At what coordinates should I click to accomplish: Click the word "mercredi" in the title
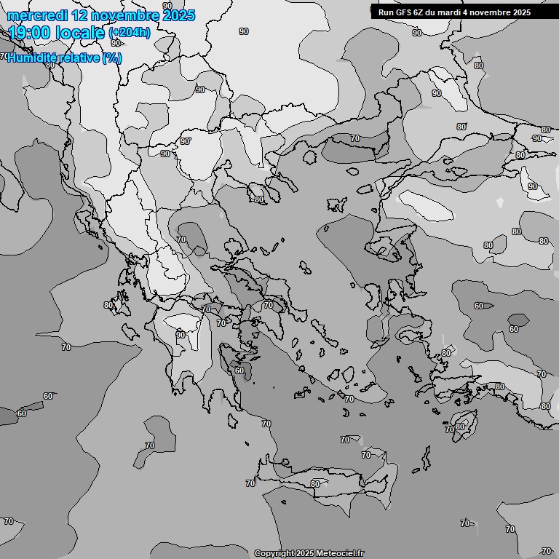[33, 15]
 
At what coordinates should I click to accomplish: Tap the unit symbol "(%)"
[112, 58]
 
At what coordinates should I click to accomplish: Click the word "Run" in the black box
[385, 12]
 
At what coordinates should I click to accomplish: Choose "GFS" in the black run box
[403, 12]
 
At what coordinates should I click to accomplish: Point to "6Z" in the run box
[419, 12]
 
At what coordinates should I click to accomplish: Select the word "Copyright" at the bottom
[275, 554]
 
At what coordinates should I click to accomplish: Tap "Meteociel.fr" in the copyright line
[340, 554]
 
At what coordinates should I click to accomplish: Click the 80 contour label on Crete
[314, 484]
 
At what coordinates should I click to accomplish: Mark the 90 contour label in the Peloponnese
[181, 335]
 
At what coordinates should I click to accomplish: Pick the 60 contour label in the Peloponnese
[239, 370]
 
